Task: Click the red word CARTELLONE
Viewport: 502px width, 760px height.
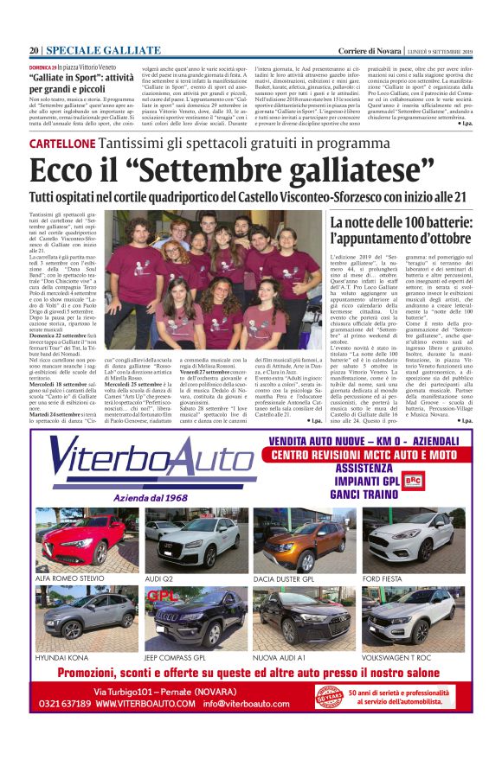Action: click(61, 143)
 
